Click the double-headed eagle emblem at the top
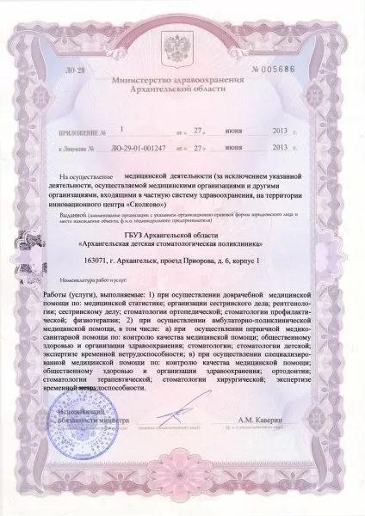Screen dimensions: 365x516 point(182,49)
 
